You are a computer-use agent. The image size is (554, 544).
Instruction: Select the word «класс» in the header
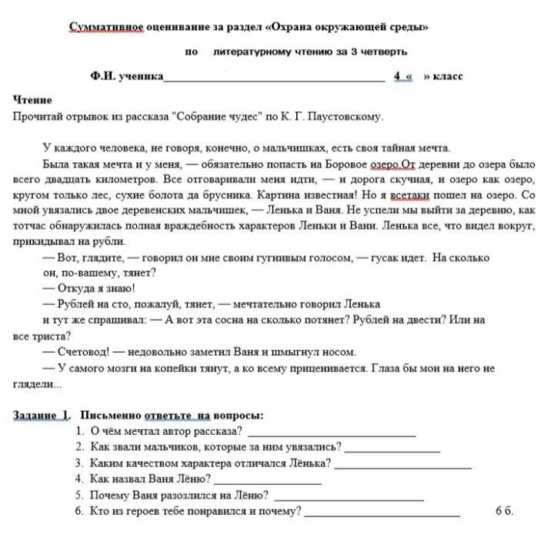point(449,77)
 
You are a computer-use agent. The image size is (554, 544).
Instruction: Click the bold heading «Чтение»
point(32,100)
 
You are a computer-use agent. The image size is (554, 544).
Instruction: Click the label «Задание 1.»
point(42,416)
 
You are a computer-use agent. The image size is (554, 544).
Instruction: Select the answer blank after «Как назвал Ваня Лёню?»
point(266,480)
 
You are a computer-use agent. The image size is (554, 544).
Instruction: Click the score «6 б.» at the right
point(504,512)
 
